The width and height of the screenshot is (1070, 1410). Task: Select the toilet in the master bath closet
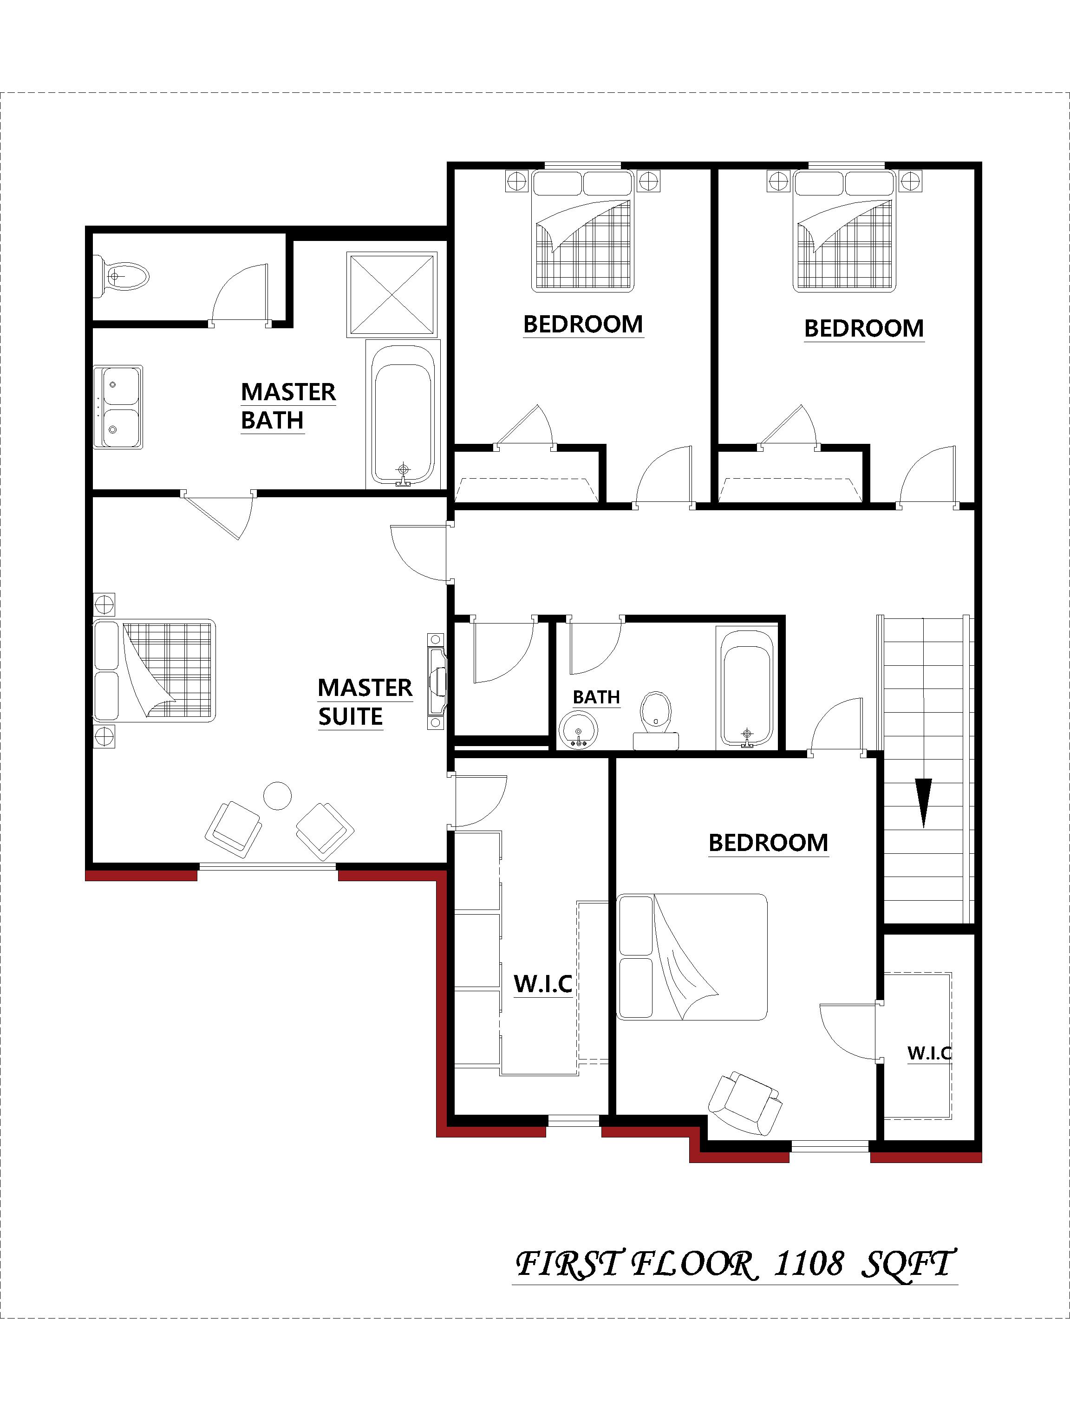point(123,276)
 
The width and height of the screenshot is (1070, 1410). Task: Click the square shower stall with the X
point(391,294)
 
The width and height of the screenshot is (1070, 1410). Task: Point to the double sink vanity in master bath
point(118,407)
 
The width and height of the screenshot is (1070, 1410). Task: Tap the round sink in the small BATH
point(578,730)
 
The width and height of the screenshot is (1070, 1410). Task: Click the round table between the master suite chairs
point(277,795)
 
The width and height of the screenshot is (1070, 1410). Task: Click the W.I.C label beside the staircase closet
point(929,1053)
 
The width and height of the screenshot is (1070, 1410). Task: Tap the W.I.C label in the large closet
point(542,984)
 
